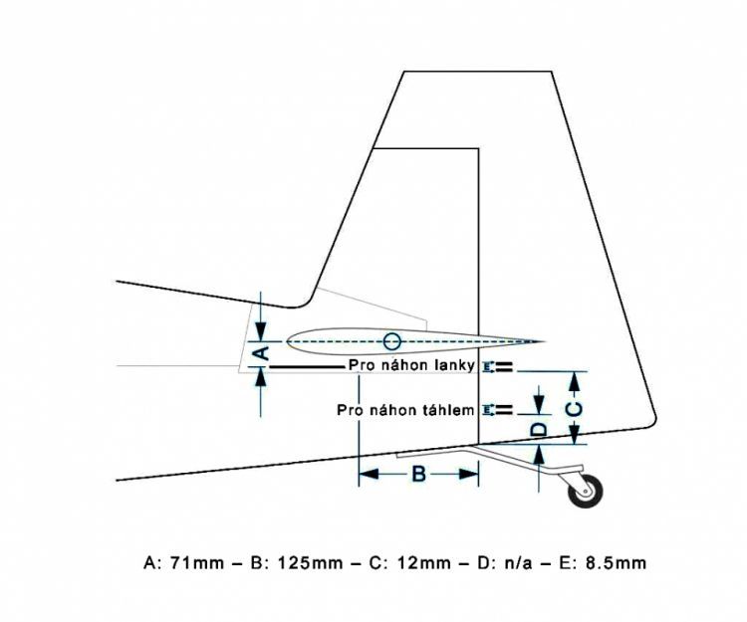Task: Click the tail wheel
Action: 586,491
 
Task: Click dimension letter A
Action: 261,353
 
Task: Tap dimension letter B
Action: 418,474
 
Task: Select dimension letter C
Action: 575,409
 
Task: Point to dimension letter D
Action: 539,429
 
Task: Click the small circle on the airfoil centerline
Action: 392,340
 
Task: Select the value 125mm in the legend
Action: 310,562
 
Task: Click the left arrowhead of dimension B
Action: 369,474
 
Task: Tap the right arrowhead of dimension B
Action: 469,474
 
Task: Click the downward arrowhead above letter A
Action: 261,331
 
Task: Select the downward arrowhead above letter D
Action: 539,404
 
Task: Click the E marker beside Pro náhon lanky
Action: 487,366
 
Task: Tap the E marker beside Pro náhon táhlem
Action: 487,410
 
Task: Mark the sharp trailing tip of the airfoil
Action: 545,341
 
